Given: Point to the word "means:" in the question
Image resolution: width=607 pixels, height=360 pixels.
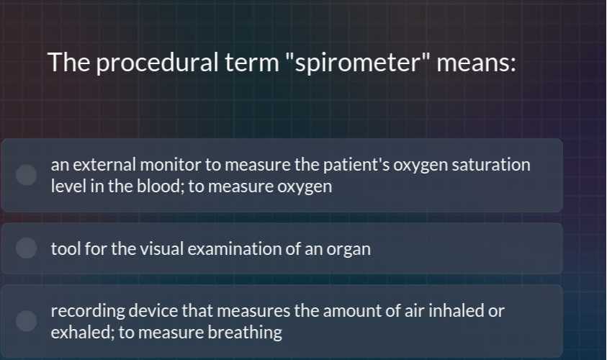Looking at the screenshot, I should coord(475,63).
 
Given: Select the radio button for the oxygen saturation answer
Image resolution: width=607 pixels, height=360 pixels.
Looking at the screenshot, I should coord(27,175).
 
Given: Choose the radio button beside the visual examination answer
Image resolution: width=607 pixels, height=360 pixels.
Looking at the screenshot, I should coord(27,248).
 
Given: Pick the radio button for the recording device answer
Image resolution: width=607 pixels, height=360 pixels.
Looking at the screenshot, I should coord(27,321).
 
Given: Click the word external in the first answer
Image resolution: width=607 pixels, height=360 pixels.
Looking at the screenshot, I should coord(99,165).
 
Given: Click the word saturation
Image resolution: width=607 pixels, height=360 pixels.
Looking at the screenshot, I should coord(492,165).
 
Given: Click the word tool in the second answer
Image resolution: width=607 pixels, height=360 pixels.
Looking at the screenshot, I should coord(66,249).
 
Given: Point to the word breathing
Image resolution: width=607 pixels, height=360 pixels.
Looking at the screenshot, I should coord(245,333).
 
